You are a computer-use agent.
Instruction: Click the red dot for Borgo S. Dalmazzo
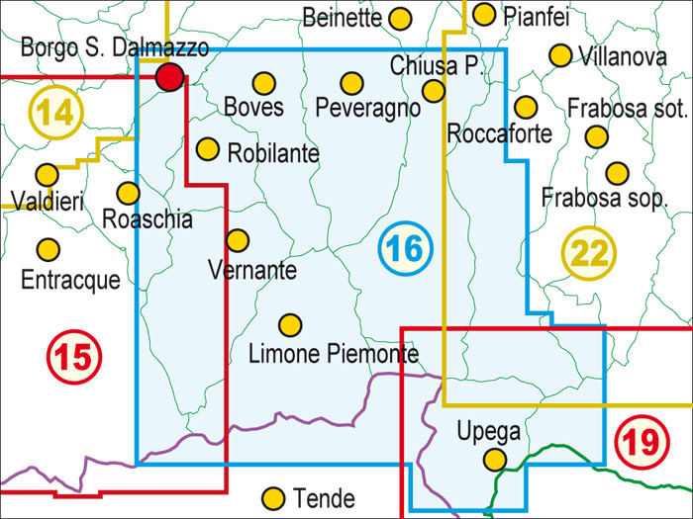tap(171, 76)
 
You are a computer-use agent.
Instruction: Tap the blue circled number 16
tap(404, 247)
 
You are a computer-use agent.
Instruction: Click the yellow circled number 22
tap(590, 254)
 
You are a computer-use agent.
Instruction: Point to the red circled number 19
tap(642, 441)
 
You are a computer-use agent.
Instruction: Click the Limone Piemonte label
tap(333, 353)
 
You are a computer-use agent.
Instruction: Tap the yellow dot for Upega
tap(494, 459)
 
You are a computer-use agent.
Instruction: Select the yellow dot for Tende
tap(274, 496)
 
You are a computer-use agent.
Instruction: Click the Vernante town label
tap(252, 268)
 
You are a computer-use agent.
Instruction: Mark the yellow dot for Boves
tap(263, 83)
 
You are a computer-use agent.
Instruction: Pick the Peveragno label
tap(367, 109)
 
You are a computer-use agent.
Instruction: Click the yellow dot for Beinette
tap(400, 18)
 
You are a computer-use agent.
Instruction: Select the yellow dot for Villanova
tap(561, 55)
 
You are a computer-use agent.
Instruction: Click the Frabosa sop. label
tap(605, 198)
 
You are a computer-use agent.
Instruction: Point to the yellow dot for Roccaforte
tap(526, 106)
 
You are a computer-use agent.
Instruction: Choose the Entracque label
tap(70, 280)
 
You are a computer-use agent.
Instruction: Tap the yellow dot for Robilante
tap(207, 148)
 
